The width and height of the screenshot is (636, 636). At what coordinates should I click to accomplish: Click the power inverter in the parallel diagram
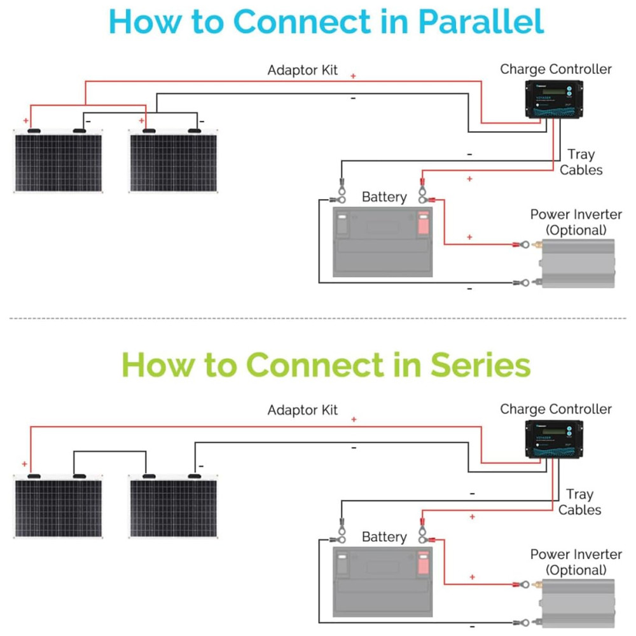(577, 263)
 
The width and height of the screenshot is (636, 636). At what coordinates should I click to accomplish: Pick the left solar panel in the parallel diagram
(58, 162)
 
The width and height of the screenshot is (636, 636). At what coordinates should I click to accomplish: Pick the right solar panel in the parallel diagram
(173, 162)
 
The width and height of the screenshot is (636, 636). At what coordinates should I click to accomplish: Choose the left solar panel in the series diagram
(58, 508)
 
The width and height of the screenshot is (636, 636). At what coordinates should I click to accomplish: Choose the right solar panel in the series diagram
(173, 508)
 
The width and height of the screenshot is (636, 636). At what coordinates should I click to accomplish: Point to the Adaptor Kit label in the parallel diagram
(303, 70)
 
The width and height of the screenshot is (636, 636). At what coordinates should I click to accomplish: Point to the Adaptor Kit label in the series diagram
(303, 410)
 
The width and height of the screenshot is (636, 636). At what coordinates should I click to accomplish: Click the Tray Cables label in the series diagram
(579, 502)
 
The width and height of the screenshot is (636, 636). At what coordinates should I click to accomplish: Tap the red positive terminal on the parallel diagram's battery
(423, 223)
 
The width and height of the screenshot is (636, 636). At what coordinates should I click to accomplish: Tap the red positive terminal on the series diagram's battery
(423, 563)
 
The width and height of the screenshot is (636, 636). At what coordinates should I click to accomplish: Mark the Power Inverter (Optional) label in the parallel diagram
(576, 222)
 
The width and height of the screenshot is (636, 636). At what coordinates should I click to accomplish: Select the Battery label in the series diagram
(384, 537)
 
